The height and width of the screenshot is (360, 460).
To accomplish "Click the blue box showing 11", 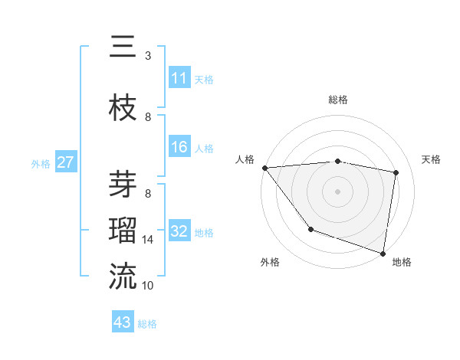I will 179,78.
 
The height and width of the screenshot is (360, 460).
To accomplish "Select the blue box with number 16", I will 179,147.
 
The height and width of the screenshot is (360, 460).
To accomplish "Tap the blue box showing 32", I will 179,231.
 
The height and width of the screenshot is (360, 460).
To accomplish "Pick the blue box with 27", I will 66,162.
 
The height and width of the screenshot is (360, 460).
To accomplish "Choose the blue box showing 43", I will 123,322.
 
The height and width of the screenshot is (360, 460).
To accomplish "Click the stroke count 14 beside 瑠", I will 148,240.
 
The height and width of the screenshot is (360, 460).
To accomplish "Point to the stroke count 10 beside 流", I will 148,286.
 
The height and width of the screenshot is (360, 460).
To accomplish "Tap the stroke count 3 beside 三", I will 148,56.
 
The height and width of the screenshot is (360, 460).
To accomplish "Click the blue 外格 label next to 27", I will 41,163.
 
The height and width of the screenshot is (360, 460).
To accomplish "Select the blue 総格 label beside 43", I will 147,323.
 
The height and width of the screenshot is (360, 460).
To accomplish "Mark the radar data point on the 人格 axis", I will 264,168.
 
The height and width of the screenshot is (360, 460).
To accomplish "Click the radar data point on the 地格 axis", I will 382,252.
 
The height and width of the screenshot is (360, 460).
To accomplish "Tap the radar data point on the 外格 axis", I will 310,229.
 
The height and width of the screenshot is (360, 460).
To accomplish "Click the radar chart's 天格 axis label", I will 431,159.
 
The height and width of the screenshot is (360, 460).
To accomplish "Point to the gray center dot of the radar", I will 337,191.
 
